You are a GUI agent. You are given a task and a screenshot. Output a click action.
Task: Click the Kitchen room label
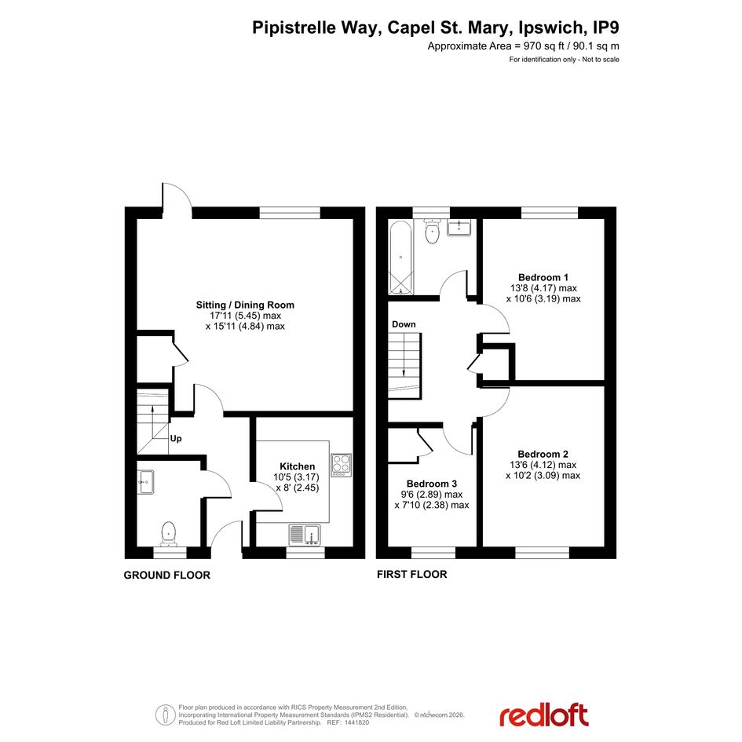click(297, 466)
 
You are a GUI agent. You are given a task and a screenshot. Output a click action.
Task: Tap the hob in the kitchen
click(342, 465)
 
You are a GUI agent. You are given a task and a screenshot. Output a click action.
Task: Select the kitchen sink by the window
click(305, 535)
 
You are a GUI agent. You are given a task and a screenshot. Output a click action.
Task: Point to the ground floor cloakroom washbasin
click(146, 482)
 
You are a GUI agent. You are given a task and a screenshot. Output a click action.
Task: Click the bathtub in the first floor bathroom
click(400, 258)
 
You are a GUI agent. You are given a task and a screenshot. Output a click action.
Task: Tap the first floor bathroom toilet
click(432, 232)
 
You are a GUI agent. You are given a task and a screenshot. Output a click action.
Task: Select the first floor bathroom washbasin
click(459, 228)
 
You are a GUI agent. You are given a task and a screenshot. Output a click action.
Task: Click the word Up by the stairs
click(176, 439)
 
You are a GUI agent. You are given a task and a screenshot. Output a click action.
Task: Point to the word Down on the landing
click(404, 324)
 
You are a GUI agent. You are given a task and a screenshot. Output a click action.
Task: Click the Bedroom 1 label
click(543, 277)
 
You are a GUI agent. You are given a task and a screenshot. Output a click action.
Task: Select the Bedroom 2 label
click(543, 454)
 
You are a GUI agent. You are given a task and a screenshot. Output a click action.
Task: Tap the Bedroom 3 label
click(432, 484)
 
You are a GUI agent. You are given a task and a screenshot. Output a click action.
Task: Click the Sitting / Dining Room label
click(245, 305)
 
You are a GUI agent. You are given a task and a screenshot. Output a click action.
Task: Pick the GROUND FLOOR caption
click(167, 575)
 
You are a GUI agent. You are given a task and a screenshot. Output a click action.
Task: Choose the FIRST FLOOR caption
click(411, 574)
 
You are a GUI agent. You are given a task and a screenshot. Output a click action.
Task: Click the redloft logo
click(543, 715)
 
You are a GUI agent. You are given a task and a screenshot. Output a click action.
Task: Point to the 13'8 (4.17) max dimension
click(543, 287)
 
